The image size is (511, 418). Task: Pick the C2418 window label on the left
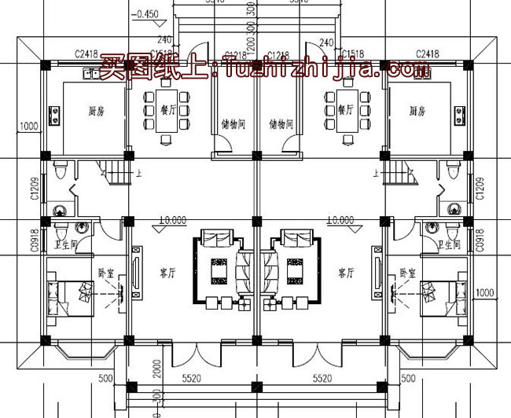86,53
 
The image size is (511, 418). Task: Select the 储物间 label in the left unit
233,124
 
